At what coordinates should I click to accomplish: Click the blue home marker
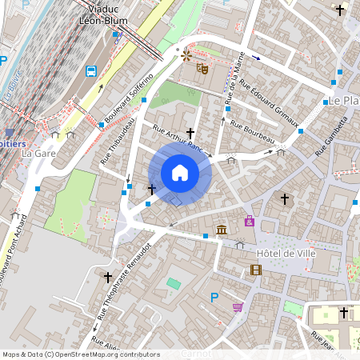[x=180, y=173]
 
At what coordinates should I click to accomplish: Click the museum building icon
[x=221, y=230]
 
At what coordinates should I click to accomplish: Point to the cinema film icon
[x=255, y=270]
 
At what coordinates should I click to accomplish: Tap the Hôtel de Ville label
[x=286, y=254]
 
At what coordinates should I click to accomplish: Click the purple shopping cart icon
[x=237, y=307]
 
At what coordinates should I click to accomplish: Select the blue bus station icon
[x=92, y=70]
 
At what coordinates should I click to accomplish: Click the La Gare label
[x=38, y=152]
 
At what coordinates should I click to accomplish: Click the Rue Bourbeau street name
[x=252, y=133]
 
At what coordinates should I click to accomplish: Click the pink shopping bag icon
[x=250, y=222]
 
